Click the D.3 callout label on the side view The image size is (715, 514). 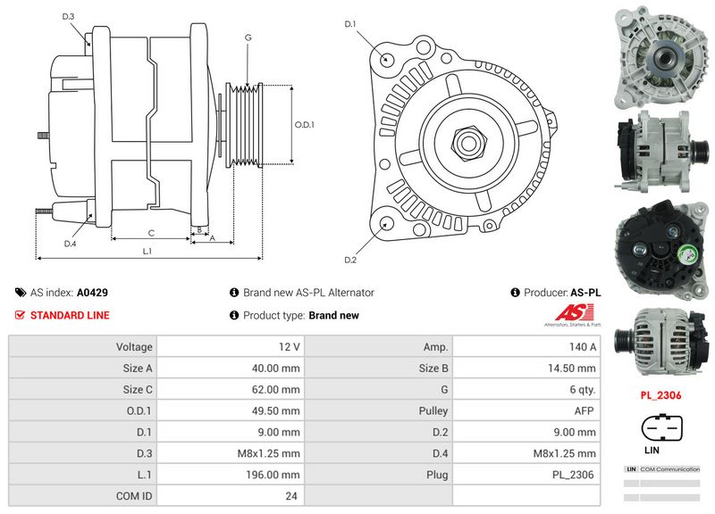[69, 17]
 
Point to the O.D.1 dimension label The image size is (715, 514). [306, 124]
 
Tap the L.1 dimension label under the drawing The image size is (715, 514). [147, 251]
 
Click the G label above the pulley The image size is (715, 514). [248, 38]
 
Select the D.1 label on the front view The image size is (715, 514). [350, 23]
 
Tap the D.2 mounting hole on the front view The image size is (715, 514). [386, 225]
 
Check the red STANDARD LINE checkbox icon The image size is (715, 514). [20, 315]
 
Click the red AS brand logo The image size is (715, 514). [569, 313]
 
